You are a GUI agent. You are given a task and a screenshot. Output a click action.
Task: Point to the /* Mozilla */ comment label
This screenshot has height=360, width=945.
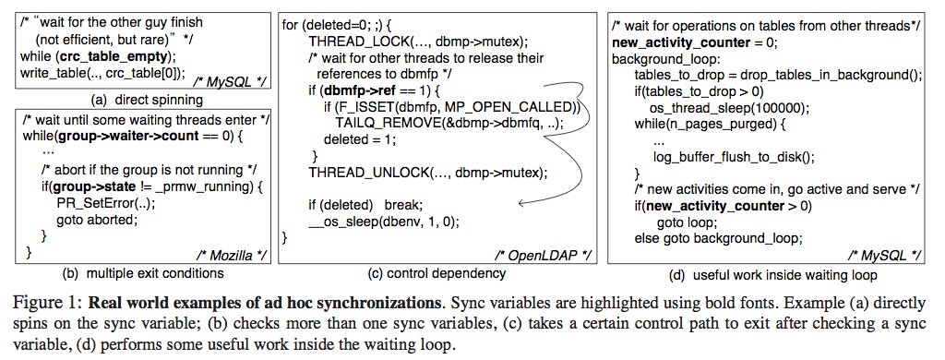pos(231,252)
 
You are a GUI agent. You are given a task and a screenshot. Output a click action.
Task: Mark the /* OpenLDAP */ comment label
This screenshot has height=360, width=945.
pos(542,253)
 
